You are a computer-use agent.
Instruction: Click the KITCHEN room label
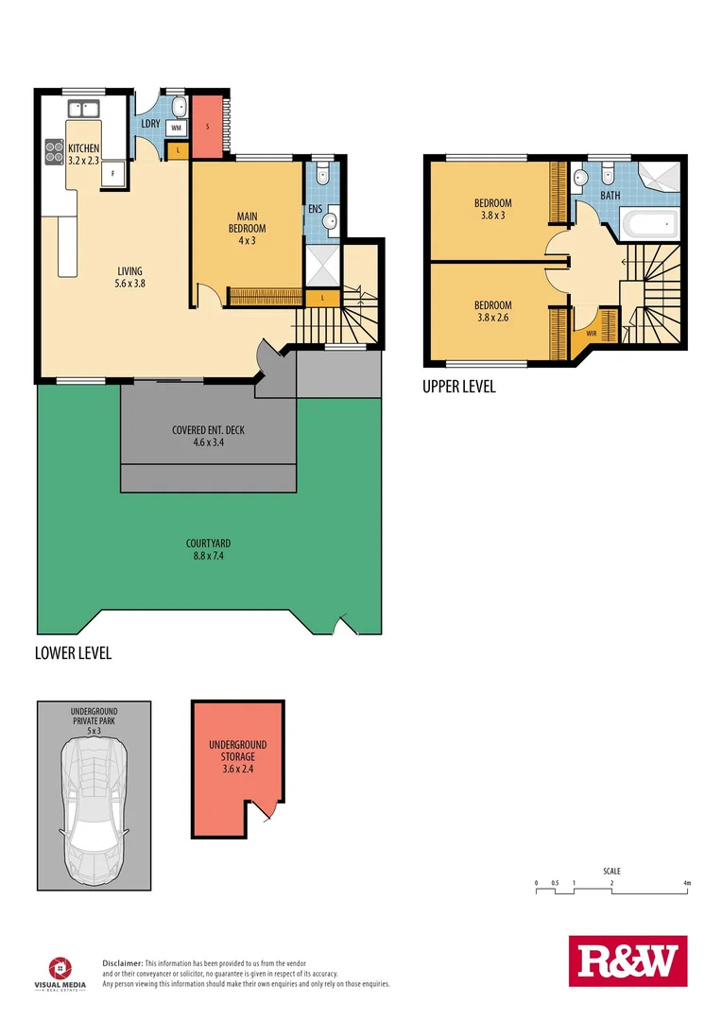pyautogui.click(x=83, y=153)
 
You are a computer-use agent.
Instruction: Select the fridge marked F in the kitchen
pyautogui.click(x=113, y=173)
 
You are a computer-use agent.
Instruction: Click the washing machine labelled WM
pyautogui.click(x=177, y=127)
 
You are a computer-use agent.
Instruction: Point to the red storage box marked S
pyautogui.click(x=208, y=126)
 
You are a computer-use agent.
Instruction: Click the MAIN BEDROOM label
pyautogui.click(x=247, y=228)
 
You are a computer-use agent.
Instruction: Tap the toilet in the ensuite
pyautogui.click(x=322, y=173)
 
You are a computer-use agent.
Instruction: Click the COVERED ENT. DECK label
pyautogui.click(x=208, y=436)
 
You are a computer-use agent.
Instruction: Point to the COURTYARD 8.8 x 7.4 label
pyautogui.click(x=209, y=549)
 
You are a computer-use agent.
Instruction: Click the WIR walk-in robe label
pyautogui.click(x=592, y=333)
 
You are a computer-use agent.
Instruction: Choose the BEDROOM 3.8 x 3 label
pyautogui.click(x=492, y=209)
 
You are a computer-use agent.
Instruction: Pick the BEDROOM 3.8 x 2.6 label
pyautogui.click(x=492, y=311)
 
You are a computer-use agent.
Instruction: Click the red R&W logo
pyautogui.click(x=627, y=960)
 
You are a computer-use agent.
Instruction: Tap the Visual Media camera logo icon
pyautogui.click(x=59, y=966)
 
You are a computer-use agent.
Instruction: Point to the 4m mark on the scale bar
pyautogui.click(x=688, y=884)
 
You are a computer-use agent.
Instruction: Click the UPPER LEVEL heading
pyautogui.click(x=459, y=387)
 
